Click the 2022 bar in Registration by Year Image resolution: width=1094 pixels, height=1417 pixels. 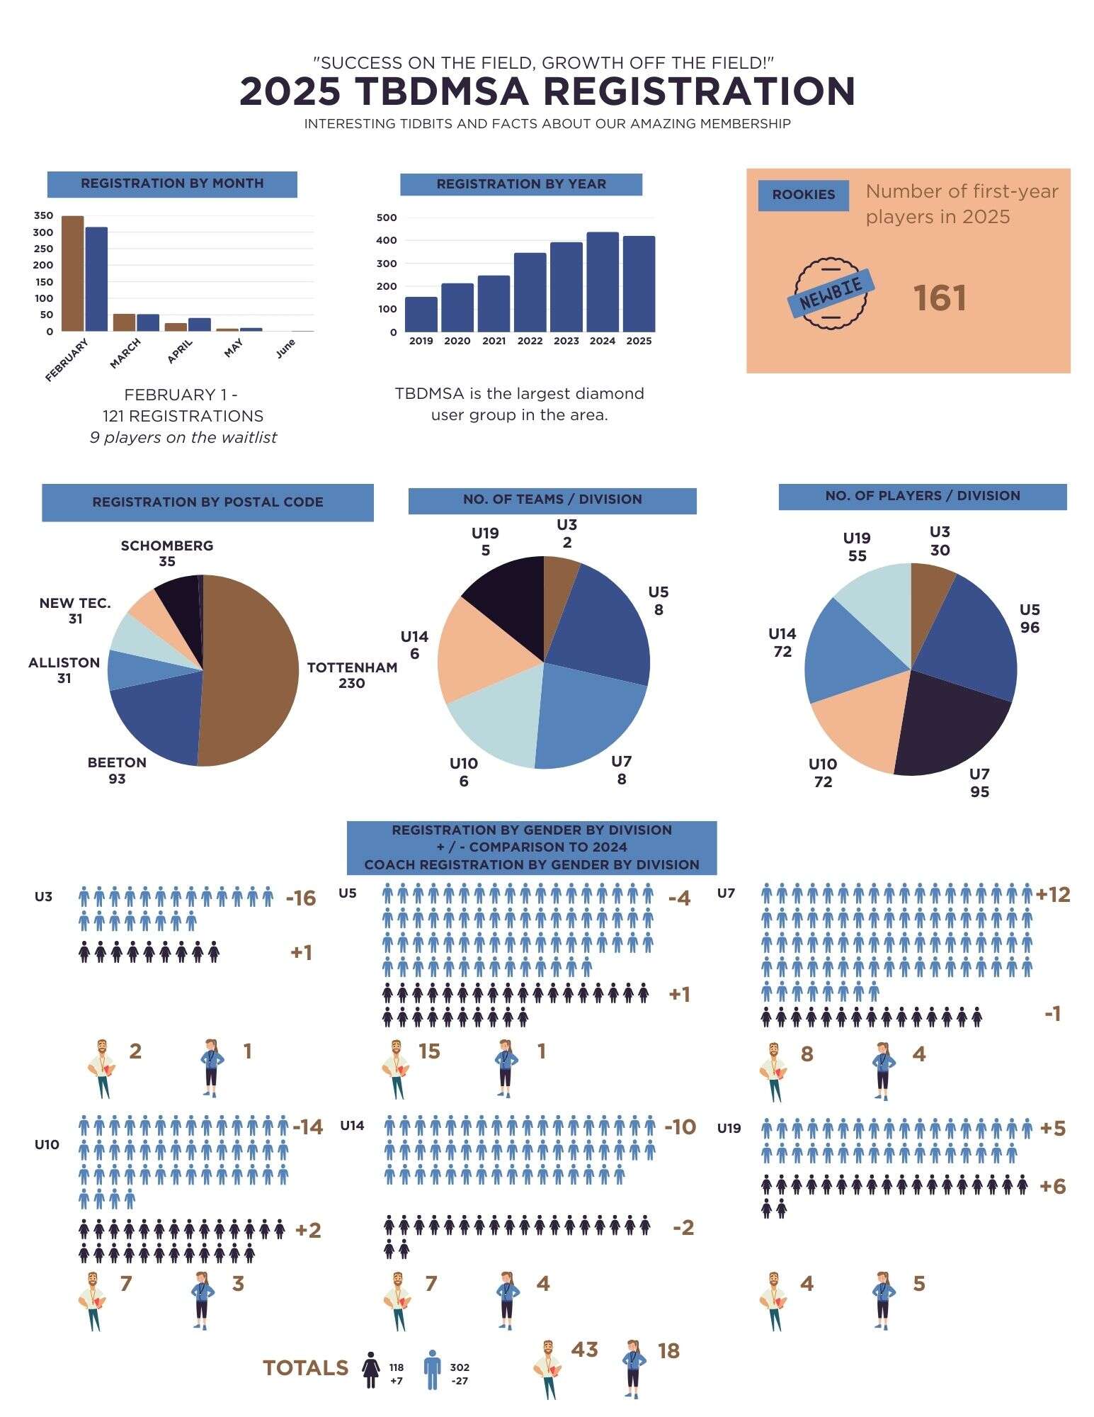click(530, 292)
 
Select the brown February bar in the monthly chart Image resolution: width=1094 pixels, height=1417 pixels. click(72, 273)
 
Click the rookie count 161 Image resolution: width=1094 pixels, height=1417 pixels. click(939, 298)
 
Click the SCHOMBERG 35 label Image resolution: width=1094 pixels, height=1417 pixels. click(167, 553)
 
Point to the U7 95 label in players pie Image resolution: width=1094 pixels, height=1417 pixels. click(979, 782)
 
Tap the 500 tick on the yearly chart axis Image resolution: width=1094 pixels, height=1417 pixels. click(387, 218)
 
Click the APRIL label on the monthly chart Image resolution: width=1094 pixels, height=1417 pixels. click(180, 351)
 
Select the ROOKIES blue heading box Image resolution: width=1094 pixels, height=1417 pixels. click(803, 195)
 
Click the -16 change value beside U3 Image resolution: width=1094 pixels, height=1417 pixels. click(300, 898)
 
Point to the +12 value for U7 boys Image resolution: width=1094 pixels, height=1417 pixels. click(1053, 895)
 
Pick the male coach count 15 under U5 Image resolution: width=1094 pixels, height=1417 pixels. click(429, 1051)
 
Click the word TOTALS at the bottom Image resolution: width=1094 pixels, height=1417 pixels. click(305, 1368)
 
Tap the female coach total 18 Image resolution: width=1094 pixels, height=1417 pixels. click(668, 1351)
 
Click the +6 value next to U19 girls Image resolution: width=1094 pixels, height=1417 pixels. click(1052, 1186)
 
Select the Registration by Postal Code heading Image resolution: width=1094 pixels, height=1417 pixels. click(207, 502)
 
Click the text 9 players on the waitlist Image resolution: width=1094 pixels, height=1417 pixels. click(183, 438)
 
